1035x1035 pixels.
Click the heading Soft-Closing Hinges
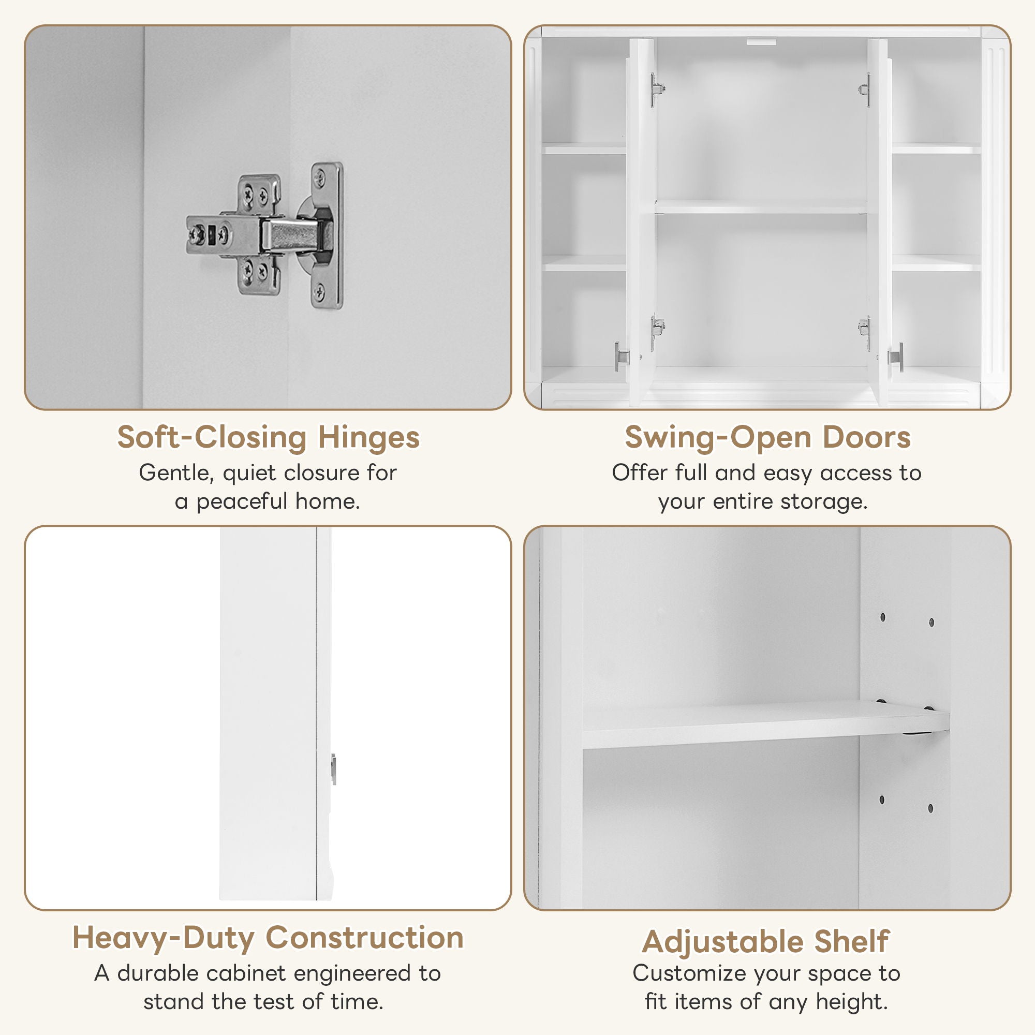(268, 437)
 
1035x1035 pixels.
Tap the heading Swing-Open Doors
(767, 437)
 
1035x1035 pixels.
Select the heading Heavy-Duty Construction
(268, 938)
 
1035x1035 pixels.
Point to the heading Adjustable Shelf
(766, 941)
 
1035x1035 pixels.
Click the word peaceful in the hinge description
(242, 502)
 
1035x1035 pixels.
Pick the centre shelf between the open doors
(761, 208)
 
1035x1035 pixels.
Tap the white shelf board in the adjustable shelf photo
(750, 726)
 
